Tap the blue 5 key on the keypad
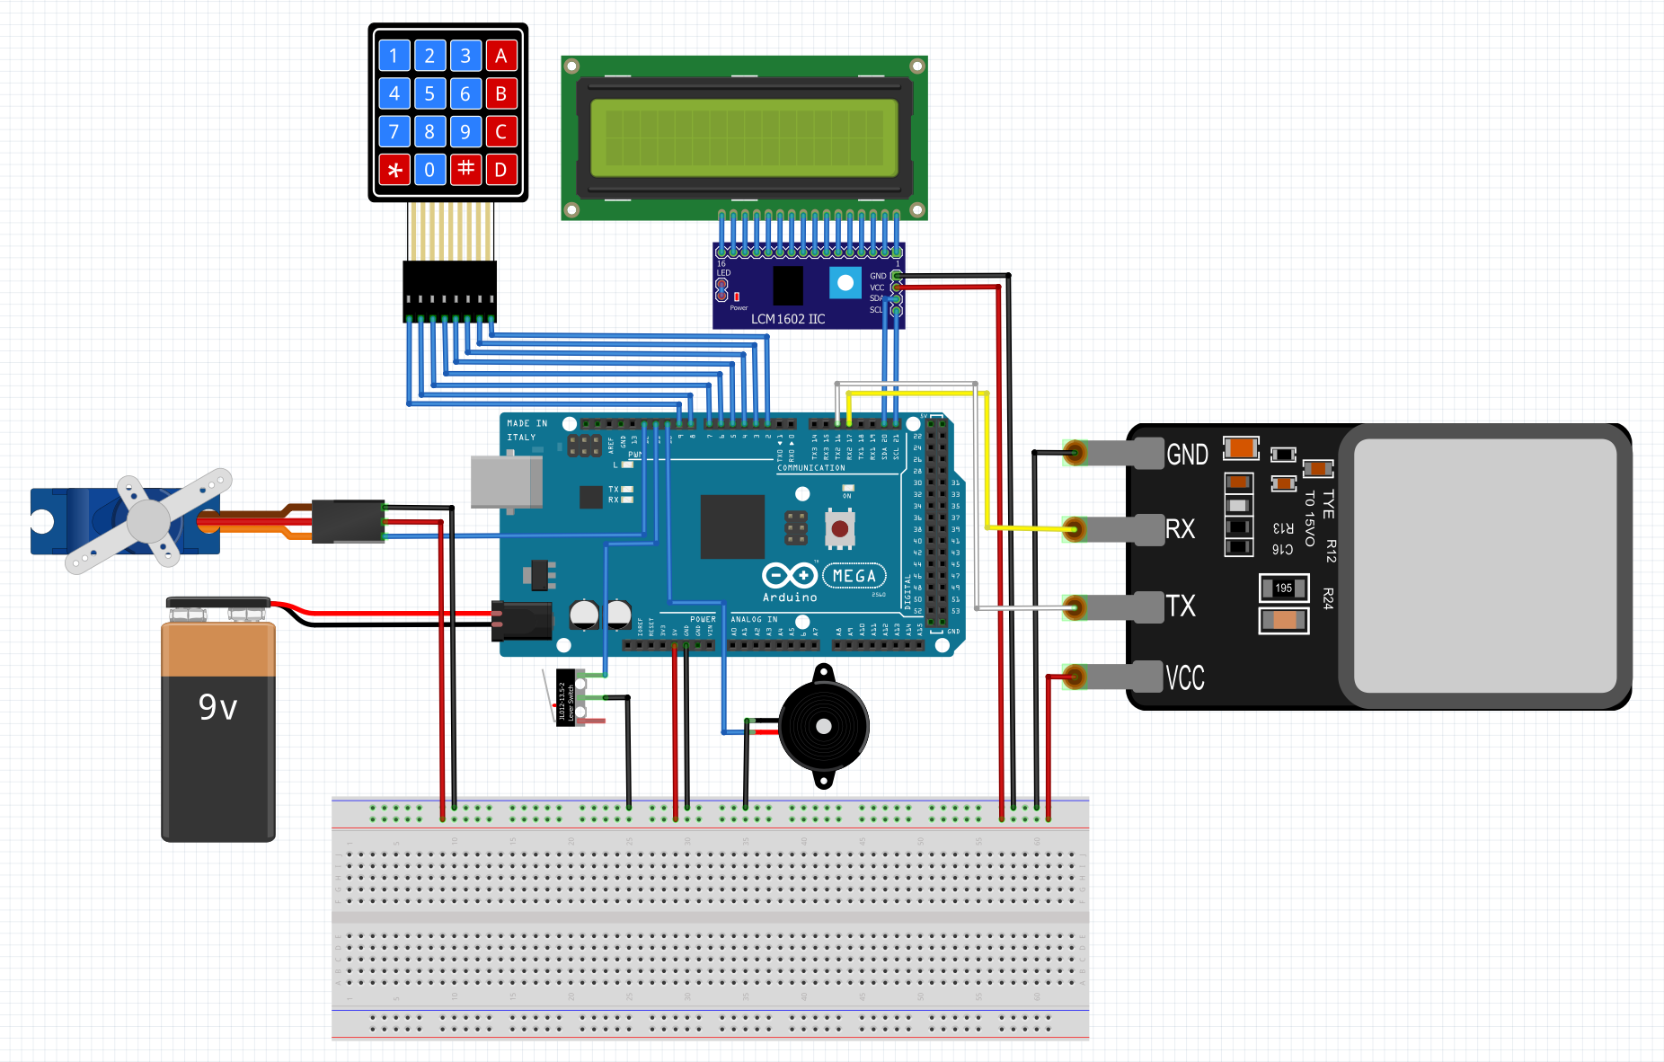429,93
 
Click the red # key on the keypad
465,169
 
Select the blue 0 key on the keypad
429,169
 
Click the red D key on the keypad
501,169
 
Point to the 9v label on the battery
218,708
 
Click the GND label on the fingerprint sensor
1187,455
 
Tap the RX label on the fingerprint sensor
1180,529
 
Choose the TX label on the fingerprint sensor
1181,606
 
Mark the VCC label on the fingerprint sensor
1184,677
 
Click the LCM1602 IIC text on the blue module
788,319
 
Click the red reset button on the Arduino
840,529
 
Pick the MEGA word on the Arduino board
854,576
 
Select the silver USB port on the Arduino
506,482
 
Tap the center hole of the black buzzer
823,726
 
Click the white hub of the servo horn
148,520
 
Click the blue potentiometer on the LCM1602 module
845,283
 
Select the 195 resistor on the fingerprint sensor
1283,589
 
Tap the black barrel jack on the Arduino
523,620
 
